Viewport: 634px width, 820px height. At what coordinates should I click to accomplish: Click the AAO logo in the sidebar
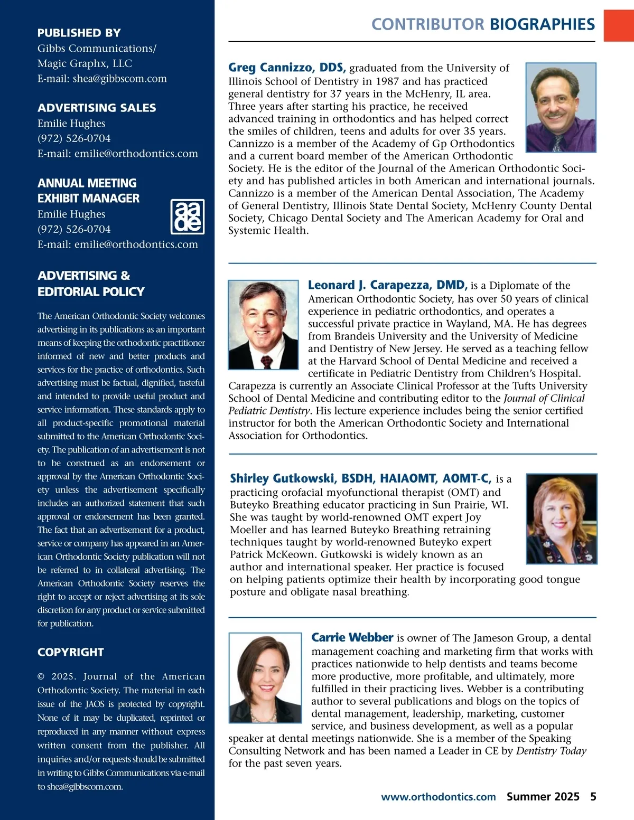click(188, 216)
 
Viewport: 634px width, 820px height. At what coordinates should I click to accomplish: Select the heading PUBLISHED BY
click(79, 33)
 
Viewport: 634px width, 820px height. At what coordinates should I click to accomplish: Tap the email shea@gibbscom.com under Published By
click(102, 79)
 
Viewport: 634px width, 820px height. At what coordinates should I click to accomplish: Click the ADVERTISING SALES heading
click(97, 108)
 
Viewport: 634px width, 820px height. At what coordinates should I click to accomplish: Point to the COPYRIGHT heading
click(71, 652)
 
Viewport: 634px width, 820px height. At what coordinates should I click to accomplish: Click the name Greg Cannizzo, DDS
click(287, 68)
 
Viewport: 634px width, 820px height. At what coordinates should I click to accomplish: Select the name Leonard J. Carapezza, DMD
click(387, 285)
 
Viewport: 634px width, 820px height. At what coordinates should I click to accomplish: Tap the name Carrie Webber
click(352, 637)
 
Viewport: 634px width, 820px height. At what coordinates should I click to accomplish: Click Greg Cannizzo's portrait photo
click(561, 108)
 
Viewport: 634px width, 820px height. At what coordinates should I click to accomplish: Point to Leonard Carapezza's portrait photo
click(263, 325)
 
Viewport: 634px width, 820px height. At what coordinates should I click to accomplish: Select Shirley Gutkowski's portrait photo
click(562, 519)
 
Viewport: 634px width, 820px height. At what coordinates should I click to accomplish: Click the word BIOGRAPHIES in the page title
click(542, 24)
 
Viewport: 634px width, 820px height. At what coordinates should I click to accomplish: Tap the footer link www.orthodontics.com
click(439, 797)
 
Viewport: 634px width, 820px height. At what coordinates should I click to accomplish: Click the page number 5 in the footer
click(593, 797)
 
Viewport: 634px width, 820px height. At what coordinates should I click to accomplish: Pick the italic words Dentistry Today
click(551, 751)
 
